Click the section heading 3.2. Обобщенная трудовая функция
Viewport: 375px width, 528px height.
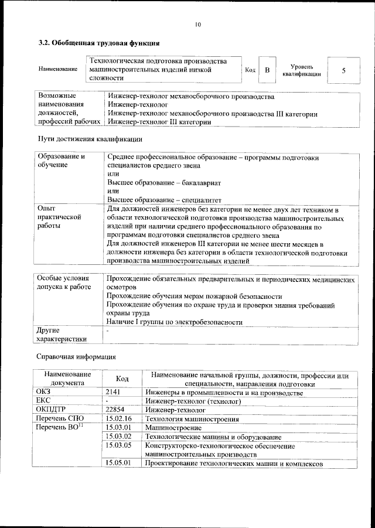pyautogui.click(x=99, y=43)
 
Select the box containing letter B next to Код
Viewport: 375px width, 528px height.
pyautogui.click(x=267, y=70)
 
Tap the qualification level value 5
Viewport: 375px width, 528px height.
pyautogui.click(x=343, y=70)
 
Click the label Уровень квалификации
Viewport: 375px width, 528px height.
pyautogui.click(x=301, y=70)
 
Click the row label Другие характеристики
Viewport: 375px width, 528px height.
pyautogui.click(x=62, y=334)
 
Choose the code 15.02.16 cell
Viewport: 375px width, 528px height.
pyautogui.click(x=119, y=418)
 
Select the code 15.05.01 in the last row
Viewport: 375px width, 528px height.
pyautogui.click(x=119, y=463)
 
